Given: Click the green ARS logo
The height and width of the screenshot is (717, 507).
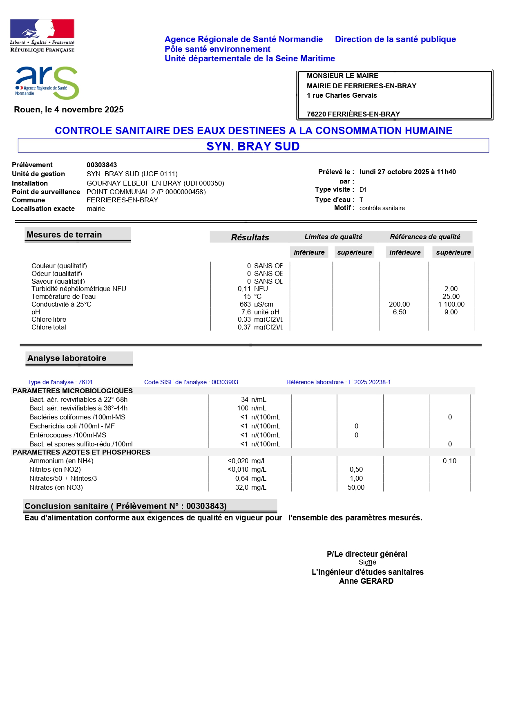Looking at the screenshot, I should [x=47, y=83].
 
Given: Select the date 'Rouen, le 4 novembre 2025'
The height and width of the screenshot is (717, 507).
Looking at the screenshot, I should [x=69, y=110].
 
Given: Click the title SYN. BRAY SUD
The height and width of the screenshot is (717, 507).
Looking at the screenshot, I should [x=253, y=146].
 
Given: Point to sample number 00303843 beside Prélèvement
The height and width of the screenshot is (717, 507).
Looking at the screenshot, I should [x=102, y=165].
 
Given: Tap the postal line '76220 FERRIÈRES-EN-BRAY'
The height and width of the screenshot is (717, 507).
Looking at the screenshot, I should [x=353, y=114].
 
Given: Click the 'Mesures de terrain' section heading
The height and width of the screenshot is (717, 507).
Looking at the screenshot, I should [x=64, y=235].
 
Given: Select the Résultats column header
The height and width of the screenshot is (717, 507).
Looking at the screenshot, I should [x=250, y=237].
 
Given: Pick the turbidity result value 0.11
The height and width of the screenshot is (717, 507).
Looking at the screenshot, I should [x=244, y=289].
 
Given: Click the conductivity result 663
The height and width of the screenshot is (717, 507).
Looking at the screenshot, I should [x=245, y=304].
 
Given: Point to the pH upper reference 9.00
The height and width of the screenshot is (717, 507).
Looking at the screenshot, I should [x=451, y=312].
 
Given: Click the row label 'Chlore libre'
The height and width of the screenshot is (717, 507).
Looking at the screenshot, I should [x=49, y=319].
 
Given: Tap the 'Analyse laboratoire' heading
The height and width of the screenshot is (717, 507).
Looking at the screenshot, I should [x=67, y=358].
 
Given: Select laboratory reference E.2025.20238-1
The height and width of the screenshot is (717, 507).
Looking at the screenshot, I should [x=369, y=382].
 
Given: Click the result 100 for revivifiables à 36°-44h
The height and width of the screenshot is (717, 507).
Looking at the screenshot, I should [x=243, y=408].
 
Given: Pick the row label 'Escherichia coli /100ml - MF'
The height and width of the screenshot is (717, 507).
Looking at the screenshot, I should [x=72, y=426].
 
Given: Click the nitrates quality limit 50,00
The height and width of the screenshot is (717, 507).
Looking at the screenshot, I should [x=356, y=487].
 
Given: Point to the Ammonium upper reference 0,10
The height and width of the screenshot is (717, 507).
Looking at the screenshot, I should [x=449, y=461].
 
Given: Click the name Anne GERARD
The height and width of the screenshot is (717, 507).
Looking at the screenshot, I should [x=366, y=581].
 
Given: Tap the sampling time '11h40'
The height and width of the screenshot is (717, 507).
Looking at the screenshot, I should [x=446, y=172].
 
